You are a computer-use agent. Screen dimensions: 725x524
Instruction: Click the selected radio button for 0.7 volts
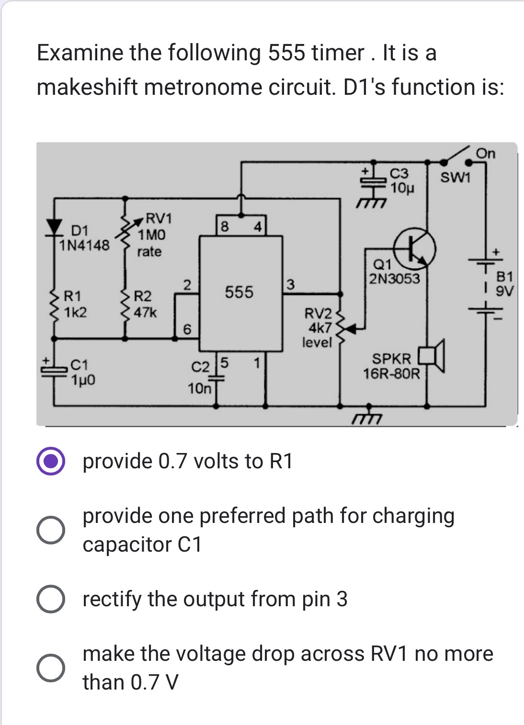click(51, 461)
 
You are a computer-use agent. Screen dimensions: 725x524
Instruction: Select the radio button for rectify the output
click(51, 599)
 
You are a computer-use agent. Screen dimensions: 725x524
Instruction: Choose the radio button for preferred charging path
click(51, 530)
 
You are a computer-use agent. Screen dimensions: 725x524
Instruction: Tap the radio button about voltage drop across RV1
click(51, 668)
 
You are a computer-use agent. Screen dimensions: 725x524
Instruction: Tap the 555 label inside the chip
click(239, 292)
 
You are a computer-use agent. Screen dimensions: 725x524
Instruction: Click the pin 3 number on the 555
click(290, 285)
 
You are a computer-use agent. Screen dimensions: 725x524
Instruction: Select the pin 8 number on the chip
click(224, 226)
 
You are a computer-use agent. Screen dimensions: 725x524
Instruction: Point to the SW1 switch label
click(456, 178)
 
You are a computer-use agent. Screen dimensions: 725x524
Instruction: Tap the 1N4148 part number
click(84, 246)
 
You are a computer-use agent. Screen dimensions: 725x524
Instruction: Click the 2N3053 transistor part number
click(394, 279)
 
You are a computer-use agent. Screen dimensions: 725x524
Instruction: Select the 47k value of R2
click(145, 313)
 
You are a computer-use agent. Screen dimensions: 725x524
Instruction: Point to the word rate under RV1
click(149, 252)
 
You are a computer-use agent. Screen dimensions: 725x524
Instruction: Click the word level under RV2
click(317, 342)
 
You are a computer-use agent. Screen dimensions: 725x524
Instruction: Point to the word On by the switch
click(486, 154)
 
